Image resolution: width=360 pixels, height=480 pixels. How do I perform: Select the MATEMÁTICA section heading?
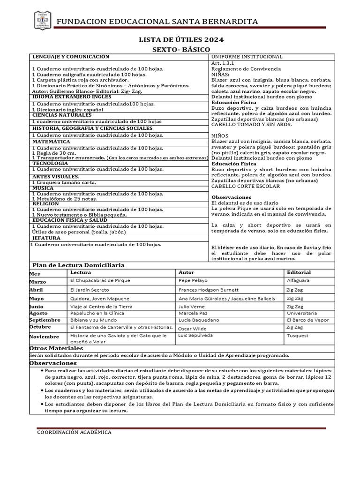click(x=51, y=142)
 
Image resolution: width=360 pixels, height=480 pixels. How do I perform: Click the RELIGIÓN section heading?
click(x=46, y=204)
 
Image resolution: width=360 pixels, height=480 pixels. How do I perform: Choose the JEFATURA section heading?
click(x=47, y=238)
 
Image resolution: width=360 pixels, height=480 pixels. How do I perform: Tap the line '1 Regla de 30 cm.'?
click(x=54, y=153)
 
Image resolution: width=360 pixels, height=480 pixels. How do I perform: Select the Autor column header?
click(x=187, y=272)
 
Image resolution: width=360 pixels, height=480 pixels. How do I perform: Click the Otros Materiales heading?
click(x=56, y=348)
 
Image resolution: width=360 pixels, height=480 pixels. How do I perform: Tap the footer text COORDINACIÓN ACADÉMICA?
click(x=74, y=432)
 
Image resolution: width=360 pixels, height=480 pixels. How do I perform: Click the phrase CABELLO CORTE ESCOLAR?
click(x=246, y=186)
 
